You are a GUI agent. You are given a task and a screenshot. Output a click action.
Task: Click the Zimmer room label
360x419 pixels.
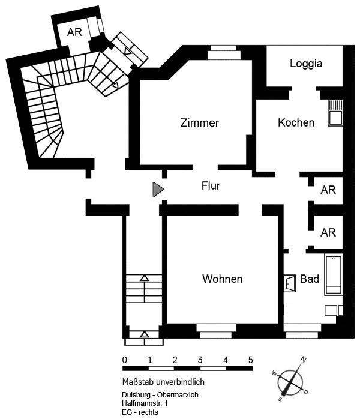point(200,123)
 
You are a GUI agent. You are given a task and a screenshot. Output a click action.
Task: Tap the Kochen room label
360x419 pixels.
point(296,122)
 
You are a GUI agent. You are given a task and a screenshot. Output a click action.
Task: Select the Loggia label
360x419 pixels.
point(307,63)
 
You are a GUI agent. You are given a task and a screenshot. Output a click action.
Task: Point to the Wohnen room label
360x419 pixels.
point(222,279)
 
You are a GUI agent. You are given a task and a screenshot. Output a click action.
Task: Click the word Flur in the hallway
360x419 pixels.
point(211,186)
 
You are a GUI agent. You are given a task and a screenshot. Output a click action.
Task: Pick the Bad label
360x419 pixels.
point(310,279)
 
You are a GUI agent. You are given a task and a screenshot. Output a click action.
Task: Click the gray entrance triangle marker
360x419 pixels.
point(158,190)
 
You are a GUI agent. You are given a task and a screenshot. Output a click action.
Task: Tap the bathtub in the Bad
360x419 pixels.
point(333,275)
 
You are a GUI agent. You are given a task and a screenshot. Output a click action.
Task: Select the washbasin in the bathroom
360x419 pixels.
point(290,282)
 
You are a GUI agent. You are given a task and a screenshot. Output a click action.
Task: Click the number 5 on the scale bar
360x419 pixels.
point(250,360)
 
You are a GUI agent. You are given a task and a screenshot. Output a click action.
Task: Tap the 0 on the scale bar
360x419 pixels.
point(124,360)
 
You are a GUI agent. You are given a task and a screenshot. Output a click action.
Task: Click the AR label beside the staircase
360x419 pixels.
point(74,32)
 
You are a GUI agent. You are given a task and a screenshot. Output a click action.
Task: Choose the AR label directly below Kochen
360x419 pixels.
point(328,190)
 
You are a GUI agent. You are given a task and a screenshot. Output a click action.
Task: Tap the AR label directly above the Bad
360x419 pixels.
point(328,232)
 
